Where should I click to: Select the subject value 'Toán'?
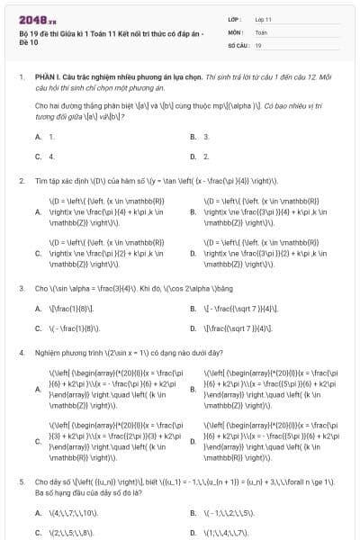(262, 31)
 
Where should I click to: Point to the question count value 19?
(258, 44)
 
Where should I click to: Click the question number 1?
(21, 78)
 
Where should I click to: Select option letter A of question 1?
(38, 137)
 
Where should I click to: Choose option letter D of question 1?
(193, 156)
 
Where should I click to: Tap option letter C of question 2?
(38, 254)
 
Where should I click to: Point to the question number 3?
(21, 289)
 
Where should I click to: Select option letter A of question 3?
(38, 309)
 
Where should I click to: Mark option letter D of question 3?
(193, 328)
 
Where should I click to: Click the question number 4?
(21, 354)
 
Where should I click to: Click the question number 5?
(21, 481)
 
